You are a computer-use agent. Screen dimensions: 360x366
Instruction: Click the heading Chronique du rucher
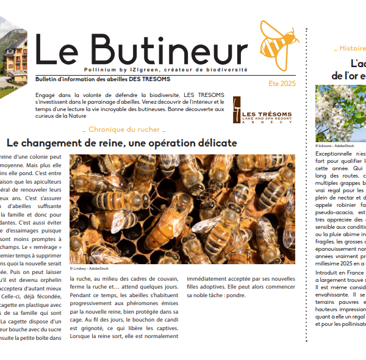pyautogui.click(x=124, y=129)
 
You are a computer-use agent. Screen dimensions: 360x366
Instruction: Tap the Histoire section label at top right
pyautogui.click(x=351, y=48)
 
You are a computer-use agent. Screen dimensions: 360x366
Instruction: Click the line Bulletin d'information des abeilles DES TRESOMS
pyautogui.click(x=102, y=79)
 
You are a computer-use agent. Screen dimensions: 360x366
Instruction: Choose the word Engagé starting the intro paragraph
pyautogui.click(x=46, y=95)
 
